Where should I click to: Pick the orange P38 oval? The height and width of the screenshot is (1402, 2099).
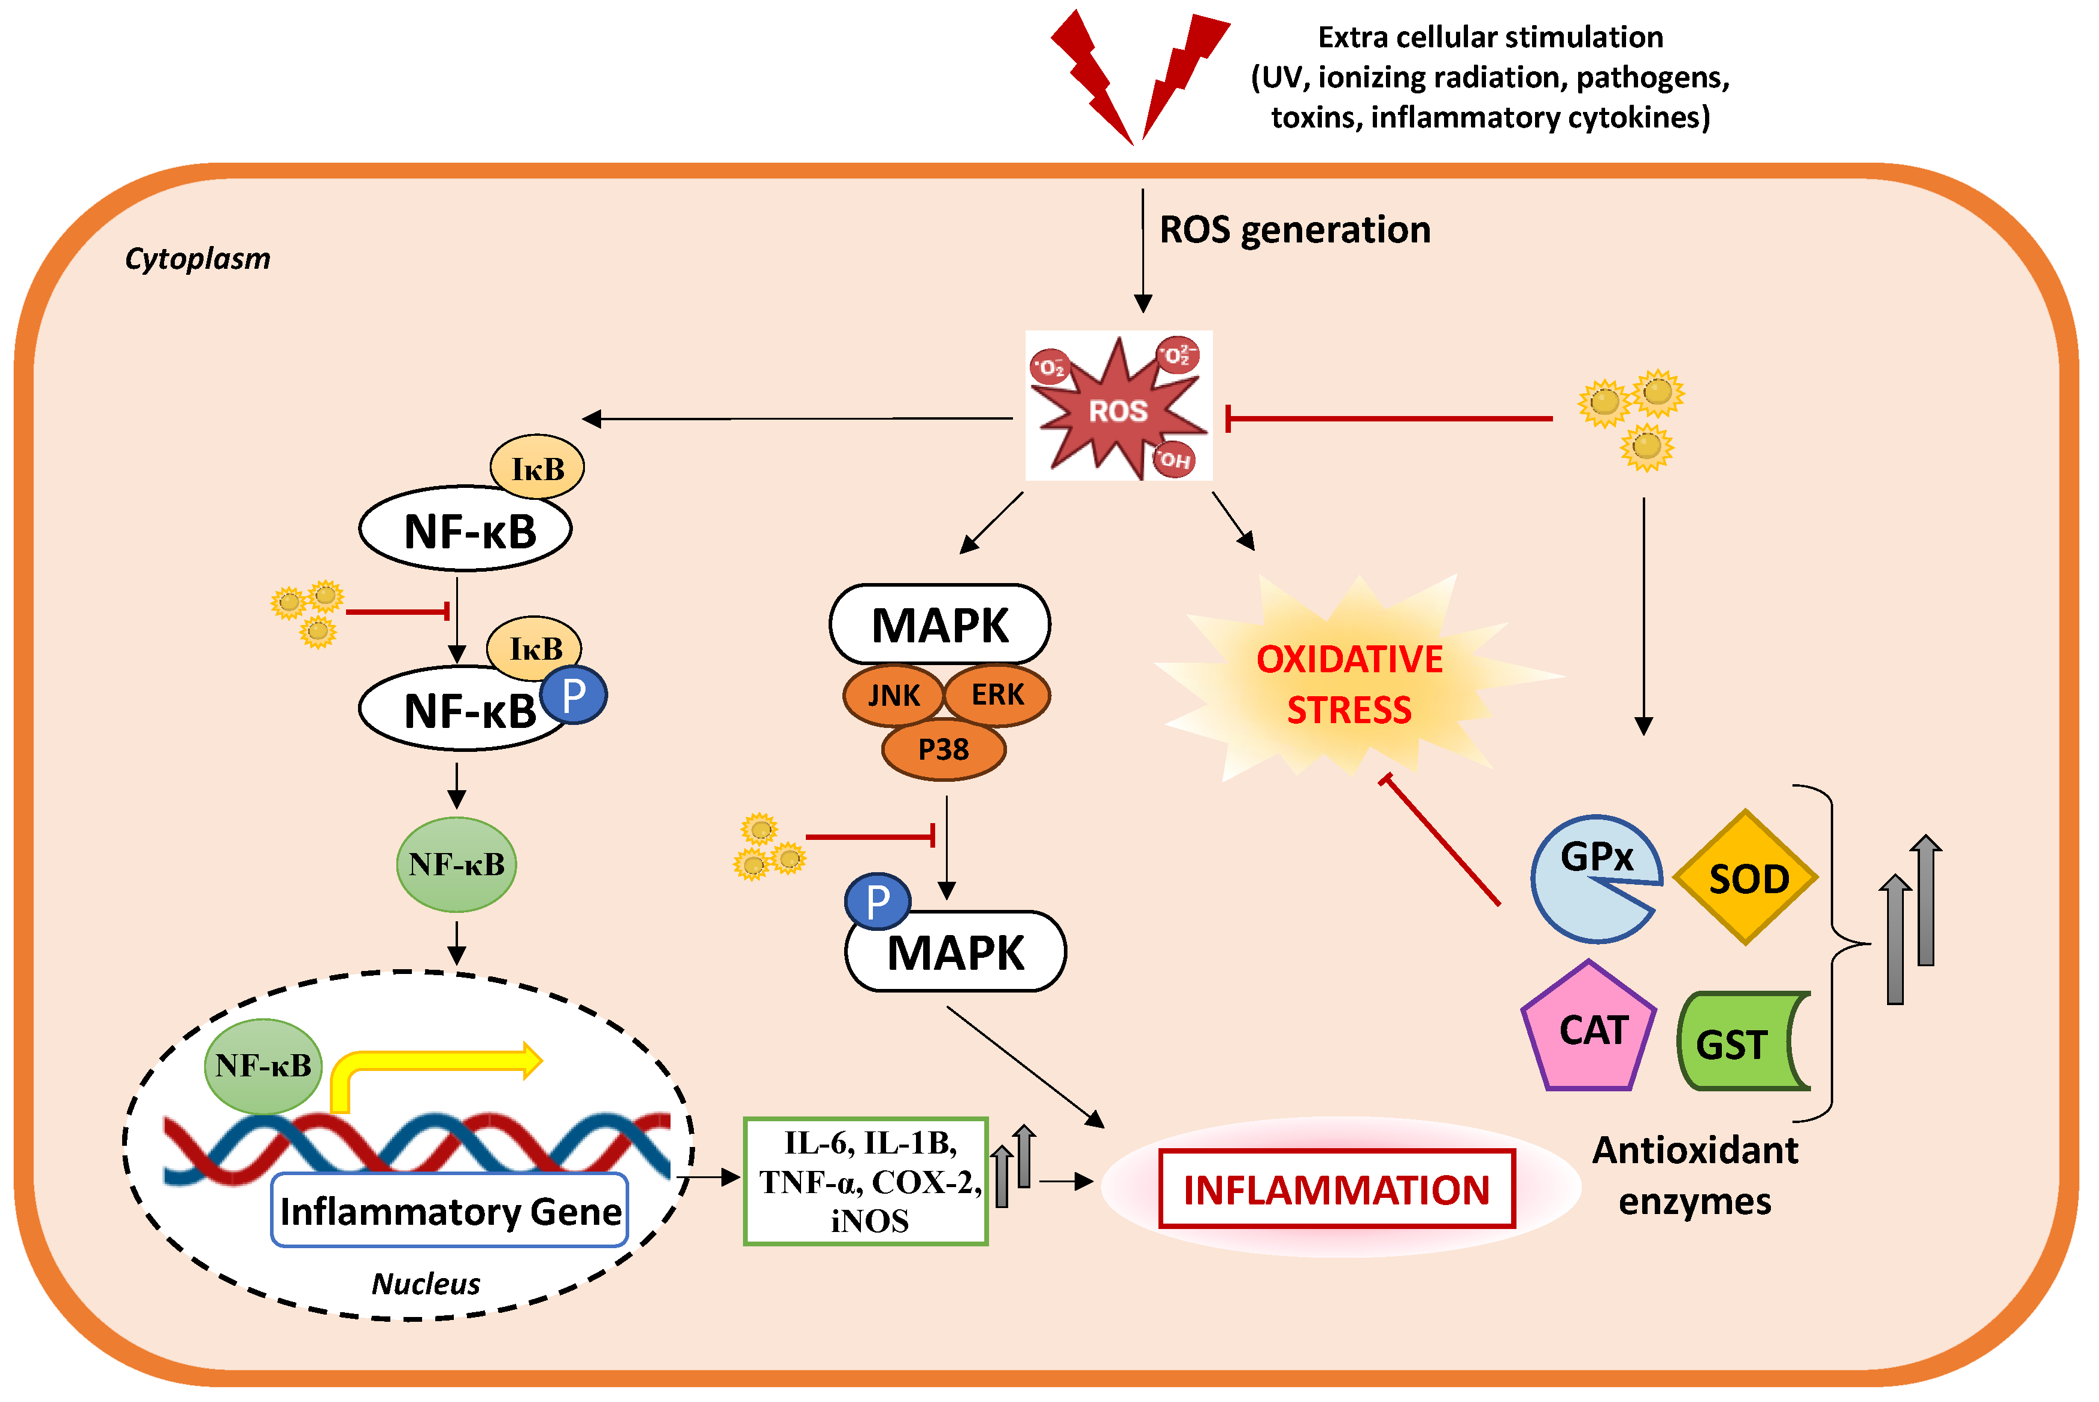click(943, 749)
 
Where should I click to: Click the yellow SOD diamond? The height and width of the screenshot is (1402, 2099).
click(1745, 878)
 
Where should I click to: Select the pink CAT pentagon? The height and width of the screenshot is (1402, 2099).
click(1590, 1030)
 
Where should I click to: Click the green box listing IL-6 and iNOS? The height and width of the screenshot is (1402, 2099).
click(865, 1181)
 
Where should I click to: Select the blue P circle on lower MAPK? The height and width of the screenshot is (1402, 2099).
click(877, 902)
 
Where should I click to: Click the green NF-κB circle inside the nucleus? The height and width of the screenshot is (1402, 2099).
click(263, 1066)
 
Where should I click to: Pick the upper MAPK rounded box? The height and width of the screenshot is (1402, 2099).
click(939, 625)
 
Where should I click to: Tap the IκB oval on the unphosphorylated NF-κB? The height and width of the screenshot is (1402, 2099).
click(537, 468)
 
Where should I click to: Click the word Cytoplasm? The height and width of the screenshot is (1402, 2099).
click(197, 259)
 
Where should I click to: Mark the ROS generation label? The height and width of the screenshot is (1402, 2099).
click(1294, 230)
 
